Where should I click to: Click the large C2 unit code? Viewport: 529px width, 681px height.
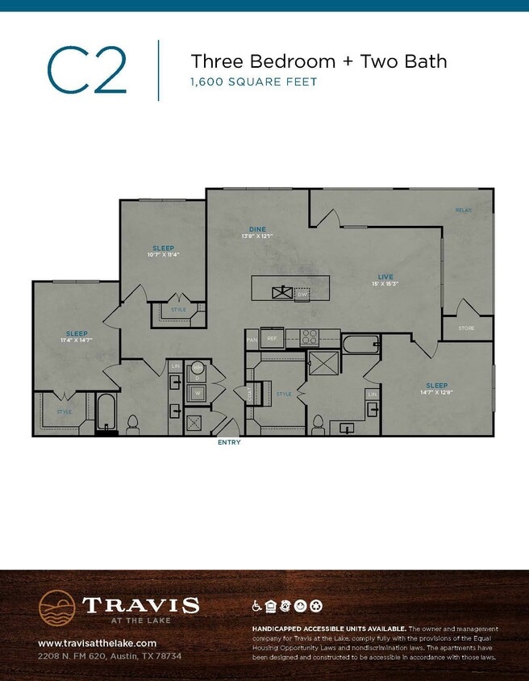tap(87, 70)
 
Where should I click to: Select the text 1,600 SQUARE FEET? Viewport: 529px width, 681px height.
tap(253, 81)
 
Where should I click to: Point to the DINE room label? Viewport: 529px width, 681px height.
tap(257, 229)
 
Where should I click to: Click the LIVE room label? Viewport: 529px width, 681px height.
tap(385, 277)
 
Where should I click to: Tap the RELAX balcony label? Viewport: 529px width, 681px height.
tap(463, 211)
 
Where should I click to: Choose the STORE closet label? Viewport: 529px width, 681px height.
tap(466, 328)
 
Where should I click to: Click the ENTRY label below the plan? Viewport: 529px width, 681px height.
tap(229, 442)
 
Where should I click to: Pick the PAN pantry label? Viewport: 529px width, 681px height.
tap(252, 340)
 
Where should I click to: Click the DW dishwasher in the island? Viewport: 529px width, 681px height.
tap(302, 295)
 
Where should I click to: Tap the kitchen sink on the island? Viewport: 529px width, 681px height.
tap(281, 291)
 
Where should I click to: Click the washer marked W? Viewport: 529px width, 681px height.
tap(198, 394)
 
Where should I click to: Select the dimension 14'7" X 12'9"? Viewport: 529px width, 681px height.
tap(436, 393)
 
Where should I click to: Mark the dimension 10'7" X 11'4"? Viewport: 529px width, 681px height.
tap(163, 255)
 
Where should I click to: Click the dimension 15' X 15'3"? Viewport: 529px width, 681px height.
tap(385, 284)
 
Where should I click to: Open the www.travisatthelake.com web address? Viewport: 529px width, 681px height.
tap(97, 643)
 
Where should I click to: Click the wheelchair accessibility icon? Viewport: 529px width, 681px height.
tap(258, 605)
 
